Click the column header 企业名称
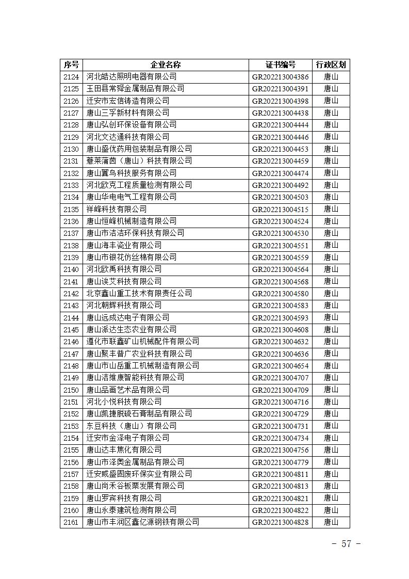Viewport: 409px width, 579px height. pyautogui.click(x=166, y=65)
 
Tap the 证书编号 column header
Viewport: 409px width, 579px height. pyautogui.click(x=281, y=65)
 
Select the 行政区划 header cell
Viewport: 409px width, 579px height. pyautogui.click(x=331, y=65)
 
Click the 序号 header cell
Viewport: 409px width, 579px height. pyautogui.click(x=71, y=65)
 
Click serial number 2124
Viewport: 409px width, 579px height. pyautogui.click(x=71, y=77)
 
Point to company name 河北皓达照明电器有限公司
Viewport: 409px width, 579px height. pyautogui.click(x=131, y=77)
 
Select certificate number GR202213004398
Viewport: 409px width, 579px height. pyautogui.click(x=281, y=101)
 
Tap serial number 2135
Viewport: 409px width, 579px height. pyautogui.click(x=71, y=209)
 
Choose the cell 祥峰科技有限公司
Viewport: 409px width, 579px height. pyautogui.click(x=116, y=209)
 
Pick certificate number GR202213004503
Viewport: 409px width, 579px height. pyautogui.click(x=281, y=197)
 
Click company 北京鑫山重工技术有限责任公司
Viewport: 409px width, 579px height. pyautogui.click(x=139, y=294)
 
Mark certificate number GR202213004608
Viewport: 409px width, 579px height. pyautogui.click(x=281, y=330)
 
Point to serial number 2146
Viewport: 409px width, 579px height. pyautogui.click(x=71, y=342)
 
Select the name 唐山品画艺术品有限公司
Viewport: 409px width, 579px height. pyautogui.click(x=127, y=390)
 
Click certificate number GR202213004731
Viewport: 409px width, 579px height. pyautogui.click(x=281, y=426)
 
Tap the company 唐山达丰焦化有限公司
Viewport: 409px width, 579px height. pyautogui.click(x=124, y=450)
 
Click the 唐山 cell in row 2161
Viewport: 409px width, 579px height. pyautogui.click(x=331, y=522)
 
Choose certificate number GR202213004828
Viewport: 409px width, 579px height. pyautogui.click(x=281, y=522)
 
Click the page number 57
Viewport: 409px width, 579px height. pyautogui.click(x=346, y=544)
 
